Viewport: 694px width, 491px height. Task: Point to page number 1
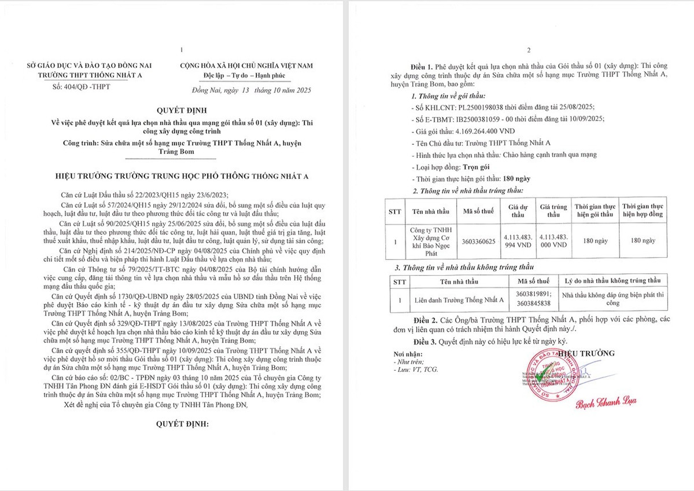(181, 50)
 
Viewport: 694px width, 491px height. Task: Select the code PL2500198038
(474, 108)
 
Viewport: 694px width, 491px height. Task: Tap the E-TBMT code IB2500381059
(482, 119)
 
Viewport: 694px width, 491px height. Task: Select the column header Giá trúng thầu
(553, 210)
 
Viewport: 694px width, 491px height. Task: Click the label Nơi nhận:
(409, 354)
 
